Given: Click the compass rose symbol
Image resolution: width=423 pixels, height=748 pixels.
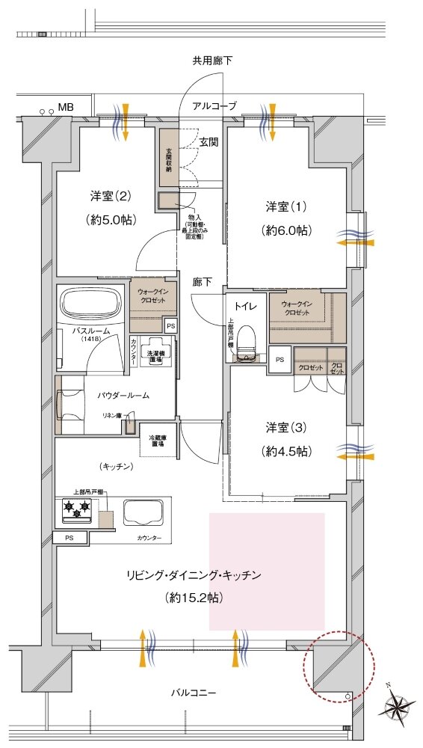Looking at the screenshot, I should point(401,705).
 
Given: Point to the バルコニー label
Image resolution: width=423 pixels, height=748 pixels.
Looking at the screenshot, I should point(193,693).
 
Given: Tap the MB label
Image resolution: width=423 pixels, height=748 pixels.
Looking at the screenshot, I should point(66,107).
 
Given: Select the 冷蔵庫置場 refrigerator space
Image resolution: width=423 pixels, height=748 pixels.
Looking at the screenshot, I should point(158,442).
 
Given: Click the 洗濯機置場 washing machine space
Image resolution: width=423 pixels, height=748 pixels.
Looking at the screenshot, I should point(158,356).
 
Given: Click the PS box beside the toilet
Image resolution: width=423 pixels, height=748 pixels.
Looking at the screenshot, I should point(280,359).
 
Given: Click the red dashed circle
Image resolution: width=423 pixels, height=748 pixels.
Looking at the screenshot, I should point(339,666).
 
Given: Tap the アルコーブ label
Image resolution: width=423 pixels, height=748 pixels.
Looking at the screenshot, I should point(214,107).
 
